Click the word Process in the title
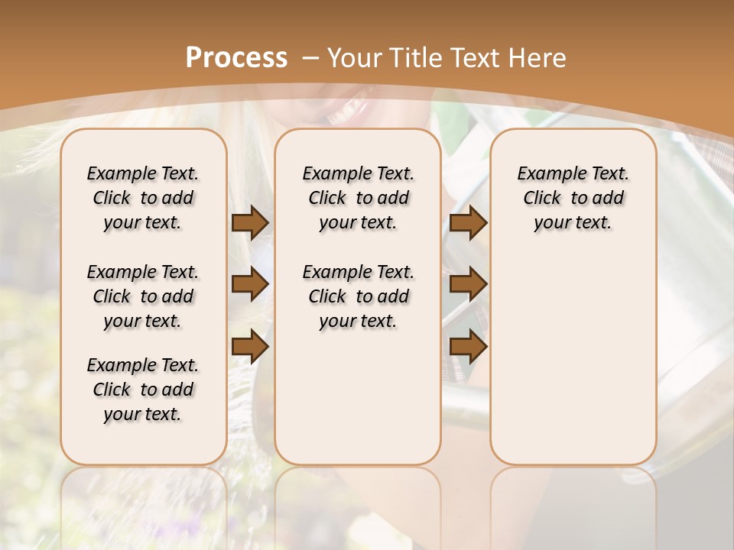pos(236,58)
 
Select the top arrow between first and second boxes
pos(250,223)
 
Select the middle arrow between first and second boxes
pos(250,285)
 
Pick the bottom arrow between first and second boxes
pos(250,346)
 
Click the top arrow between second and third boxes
pos(468,223)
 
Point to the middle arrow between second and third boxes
pos(468,285)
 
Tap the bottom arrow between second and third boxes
pos(468,346)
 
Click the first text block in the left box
pos(143,198)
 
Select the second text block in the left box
pos(143,296)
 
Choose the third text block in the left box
pos(143,390)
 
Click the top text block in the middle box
pos(358,198)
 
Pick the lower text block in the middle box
pos(358,296)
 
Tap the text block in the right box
pos(573,198)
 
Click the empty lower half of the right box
pos(573,367)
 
